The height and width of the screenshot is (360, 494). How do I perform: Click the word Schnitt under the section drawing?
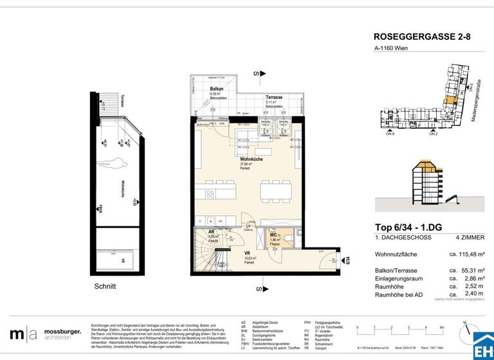(x=104, y=287)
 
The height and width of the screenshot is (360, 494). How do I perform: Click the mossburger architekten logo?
(x=45, y=334)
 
